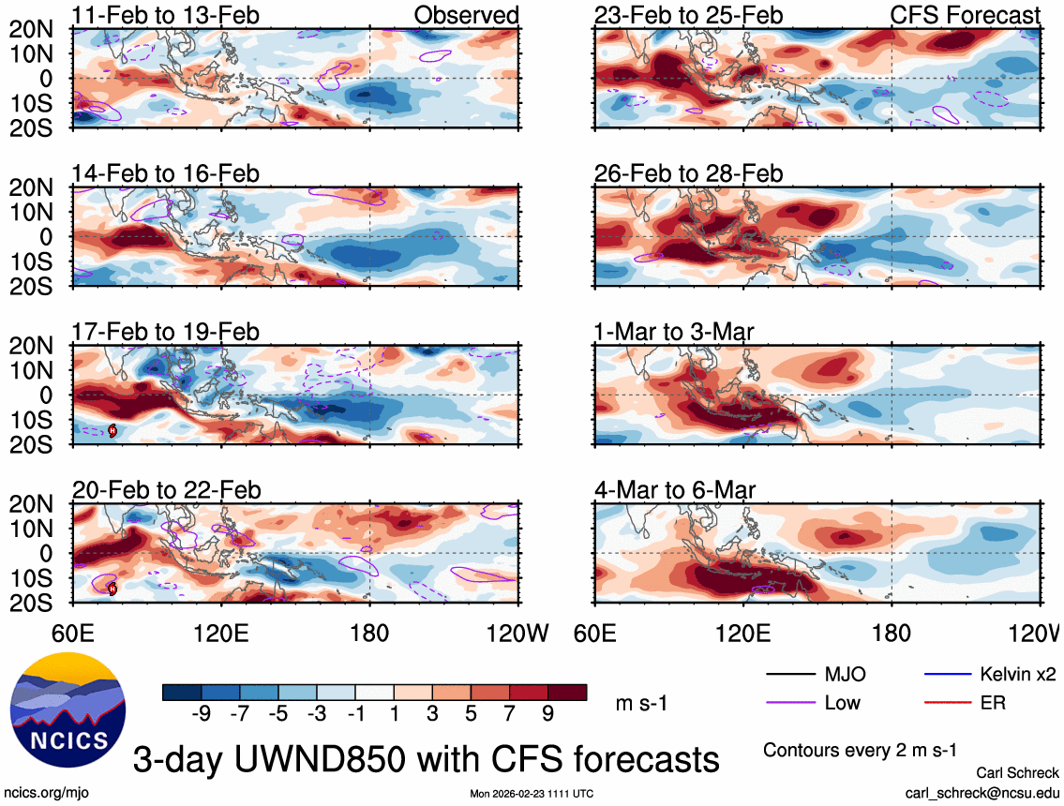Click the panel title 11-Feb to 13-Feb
click(166, 15)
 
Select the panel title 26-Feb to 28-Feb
click(688, 174)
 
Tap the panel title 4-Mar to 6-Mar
click(675, 490)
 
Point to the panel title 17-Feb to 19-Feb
click(166, 332)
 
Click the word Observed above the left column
click(466, 15)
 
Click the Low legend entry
click(842, 702)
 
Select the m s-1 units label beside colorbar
click(641, 703)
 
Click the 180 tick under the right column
click(891, 634)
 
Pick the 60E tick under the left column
click(74, 634)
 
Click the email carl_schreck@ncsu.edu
click(981, 793)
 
